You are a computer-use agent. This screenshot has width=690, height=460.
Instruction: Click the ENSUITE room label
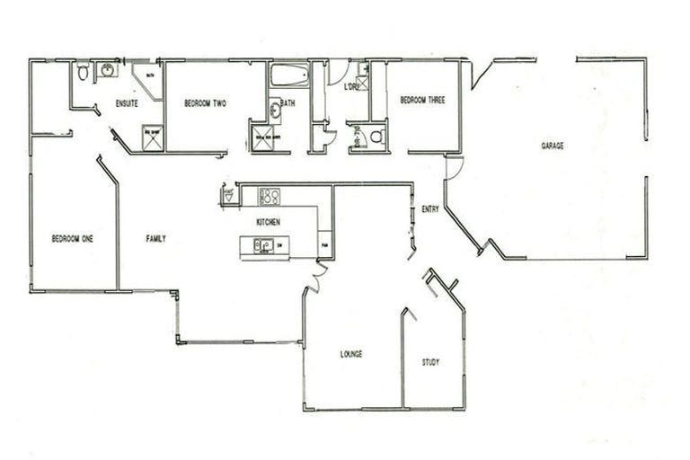pyautogui.click(x=128, y=104)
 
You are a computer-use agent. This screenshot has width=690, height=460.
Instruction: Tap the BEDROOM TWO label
pyautogui.click(x=205, y=104)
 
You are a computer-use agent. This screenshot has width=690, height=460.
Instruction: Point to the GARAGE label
pyautogui.click(x=552, y=146)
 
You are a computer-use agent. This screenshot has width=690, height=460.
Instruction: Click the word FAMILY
pyautogui.click(x=156, y=239)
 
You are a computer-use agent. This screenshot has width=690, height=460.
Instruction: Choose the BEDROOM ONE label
pyautogui.click(x=73, y=239)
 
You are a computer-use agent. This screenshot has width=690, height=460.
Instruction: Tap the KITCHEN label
pyautogui.click(x=269, y=222)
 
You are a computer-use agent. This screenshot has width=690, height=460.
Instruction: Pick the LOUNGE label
pyautogui.click(x=350, y=354)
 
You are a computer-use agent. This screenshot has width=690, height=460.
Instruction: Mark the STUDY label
pyautogui.click(x=430, y=363)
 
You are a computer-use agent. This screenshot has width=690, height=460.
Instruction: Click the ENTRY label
pyautogui.click(x=430, y=210)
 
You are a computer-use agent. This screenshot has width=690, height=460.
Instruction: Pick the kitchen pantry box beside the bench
pyautogui.click(x=324, y=243)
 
